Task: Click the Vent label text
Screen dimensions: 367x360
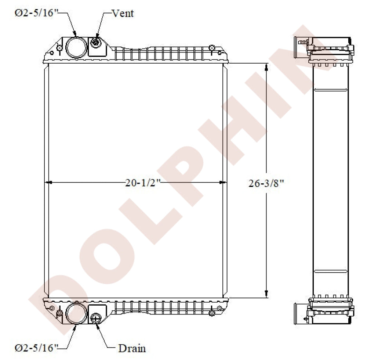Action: [123, 13]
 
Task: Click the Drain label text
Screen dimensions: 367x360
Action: [132, 348]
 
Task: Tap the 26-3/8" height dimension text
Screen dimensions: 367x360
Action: [266, 183]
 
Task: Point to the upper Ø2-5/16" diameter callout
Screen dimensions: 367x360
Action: [36, 13]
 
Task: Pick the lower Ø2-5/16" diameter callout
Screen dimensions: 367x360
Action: [36, 348]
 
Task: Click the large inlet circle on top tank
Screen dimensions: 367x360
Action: [76, 47]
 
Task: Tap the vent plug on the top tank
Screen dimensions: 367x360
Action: [95, 43]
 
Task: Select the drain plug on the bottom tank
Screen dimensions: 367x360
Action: [96, 318]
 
